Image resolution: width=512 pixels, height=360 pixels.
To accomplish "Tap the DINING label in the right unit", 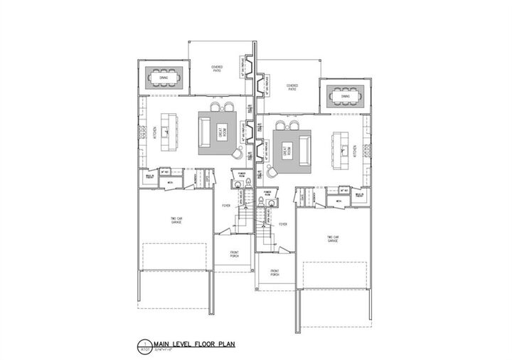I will [346, 95].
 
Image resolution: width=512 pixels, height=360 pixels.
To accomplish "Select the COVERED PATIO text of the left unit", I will [217, 68].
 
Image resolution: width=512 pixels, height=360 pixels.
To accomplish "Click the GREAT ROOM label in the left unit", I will [222, 132].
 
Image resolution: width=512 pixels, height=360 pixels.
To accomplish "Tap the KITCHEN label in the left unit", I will [155, 132].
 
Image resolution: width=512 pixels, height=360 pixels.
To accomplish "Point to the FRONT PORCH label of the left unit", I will [233, 255].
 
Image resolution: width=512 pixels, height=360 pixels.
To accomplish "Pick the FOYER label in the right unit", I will [282, 223].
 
